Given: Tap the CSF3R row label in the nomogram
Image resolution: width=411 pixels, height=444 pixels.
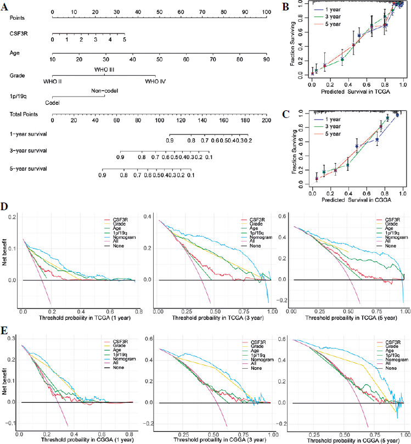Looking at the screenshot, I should pyautogui.click(x=19, y=32).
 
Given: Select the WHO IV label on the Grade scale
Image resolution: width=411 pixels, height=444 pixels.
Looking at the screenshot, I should pyautogui.click(x=155, y=82).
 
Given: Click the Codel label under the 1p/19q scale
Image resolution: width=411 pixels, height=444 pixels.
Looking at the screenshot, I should pyautogui.click(x=53, y=102).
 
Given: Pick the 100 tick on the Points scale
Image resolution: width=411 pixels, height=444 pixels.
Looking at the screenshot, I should pyautogui.click(x=266, y=12).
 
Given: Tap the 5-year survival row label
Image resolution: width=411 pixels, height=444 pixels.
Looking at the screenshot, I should pyautogui.click(x=28, y=168).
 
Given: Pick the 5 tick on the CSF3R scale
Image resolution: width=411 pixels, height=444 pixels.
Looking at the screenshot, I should pyautogui.click(x=125, y=40).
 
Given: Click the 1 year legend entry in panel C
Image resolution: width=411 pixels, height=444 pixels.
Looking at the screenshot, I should pyautogui.click(x=330, y=119).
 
